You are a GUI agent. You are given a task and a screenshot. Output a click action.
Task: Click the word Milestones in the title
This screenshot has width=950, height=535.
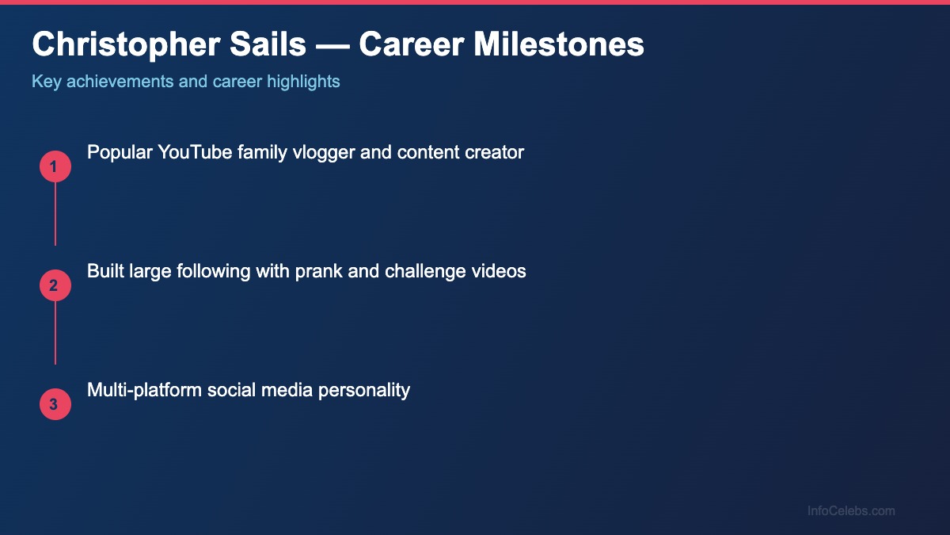(559, 45)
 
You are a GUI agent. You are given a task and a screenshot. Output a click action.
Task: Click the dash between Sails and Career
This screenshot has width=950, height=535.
(332, 45)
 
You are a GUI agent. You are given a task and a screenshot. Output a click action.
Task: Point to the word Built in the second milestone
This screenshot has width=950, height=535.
(104, 271)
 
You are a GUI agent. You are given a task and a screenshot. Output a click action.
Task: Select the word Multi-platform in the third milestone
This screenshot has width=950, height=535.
(144, 390)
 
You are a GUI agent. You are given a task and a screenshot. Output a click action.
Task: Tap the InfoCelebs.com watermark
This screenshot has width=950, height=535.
(851, 511)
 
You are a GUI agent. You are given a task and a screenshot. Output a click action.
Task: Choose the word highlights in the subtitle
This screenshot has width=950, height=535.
(305, 82)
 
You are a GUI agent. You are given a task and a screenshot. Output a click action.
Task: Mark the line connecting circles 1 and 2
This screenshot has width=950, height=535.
(55, 214)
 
